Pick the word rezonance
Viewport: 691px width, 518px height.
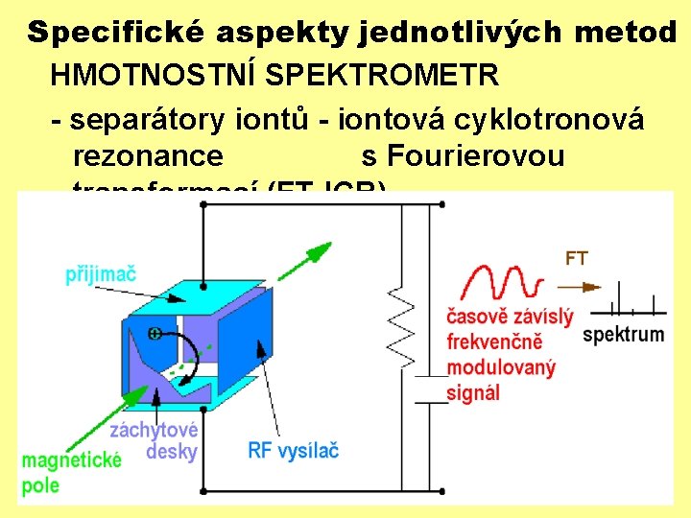(x=148, y=155)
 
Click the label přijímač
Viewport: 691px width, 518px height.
(x=101, y=274)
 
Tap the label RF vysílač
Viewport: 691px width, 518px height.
(x=293, y=449)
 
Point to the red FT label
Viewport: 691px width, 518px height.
(x=576, y=258)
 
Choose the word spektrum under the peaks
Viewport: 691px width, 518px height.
(x=623, y=334)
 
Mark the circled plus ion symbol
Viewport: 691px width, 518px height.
(x=154, y=333)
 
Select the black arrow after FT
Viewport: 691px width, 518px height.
(x=580, y=286)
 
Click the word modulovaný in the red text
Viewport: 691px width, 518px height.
(x=501, y=367)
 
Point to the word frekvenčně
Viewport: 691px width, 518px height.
(x=495, y=341)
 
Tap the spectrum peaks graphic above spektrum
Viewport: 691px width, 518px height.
(x=629, y=299)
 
